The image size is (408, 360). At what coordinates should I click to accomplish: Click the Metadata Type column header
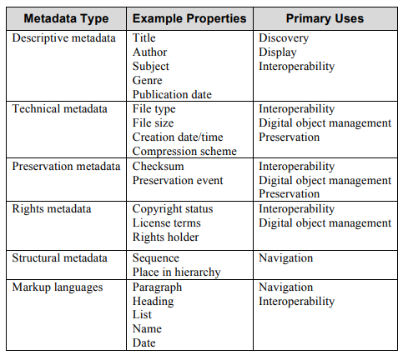(x=66, y=18)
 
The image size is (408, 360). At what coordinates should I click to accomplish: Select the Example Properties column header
(x=189, y=18)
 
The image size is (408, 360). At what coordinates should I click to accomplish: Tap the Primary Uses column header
(x=325, y=18)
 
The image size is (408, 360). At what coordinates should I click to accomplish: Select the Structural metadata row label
(x=59, y=258)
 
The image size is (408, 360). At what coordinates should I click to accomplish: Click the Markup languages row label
(x=56, y=287)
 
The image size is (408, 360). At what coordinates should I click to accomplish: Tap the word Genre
(x=148, y=81)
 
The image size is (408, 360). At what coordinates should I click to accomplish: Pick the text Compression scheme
(x=184, y=152)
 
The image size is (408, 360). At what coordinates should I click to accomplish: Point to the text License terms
(x=167, y=223)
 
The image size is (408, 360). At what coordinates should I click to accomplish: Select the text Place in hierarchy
(x=176, y=272)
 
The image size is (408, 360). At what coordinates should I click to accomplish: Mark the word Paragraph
(x=157, y=287)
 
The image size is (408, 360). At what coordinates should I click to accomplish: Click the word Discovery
(x=284, y=38)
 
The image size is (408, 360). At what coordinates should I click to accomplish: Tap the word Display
(x=278, y=52)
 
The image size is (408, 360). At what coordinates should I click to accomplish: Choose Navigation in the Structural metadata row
(x=286, y=258)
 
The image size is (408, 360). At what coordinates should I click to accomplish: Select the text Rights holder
(x=166, y=237)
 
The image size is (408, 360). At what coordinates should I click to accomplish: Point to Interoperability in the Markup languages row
(x=296, y=302)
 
